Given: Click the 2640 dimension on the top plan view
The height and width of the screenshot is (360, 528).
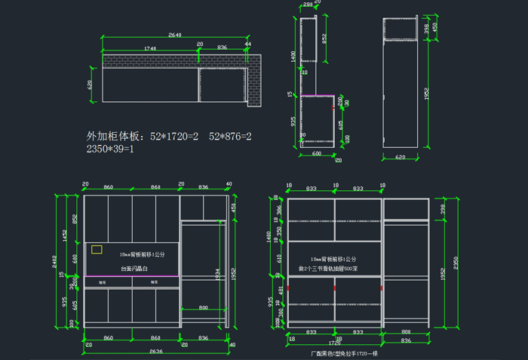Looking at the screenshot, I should coord(175,35).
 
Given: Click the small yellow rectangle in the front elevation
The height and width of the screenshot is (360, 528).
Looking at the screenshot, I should coord(97,248).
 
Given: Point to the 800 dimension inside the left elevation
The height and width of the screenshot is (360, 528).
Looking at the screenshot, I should coord(203,308).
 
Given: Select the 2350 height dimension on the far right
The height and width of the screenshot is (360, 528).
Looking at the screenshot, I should coord(455,262).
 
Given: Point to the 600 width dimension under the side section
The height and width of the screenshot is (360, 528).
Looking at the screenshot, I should coord(317,153).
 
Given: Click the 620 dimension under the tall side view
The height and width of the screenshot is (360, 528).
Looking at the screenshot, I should coord(400,157).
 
